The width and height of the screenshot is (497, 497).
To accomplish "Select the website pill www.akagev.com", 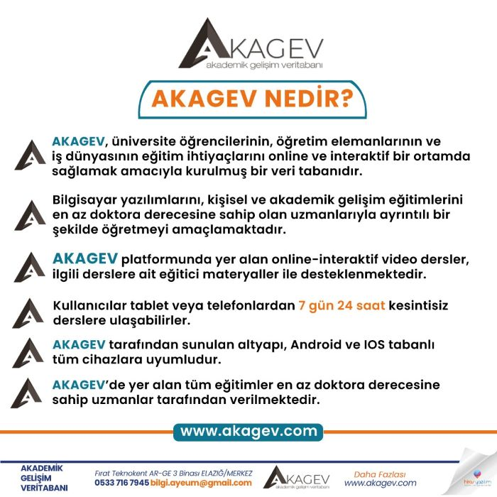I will (x=248, y=431).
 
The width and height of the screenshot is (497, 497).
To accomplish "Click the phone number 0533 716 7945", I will (x=121, y=483).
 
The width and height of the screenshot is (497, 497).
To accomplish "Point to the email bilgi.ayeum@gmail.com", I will (x=202, y=483).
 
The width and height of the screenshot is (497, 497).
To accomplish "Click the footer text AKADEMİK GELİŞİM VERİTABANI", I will (x=44, y=478).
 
